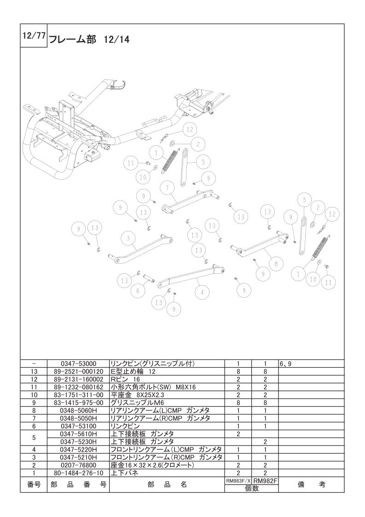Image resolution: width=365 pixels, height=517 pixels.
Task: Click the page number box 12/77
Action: click(34, 35)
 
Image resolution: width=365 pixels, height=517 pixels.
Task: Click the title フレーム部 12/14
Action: click(89, 40)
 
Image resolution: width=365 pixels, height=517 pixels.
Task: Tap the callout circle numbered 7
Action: click(168, 188)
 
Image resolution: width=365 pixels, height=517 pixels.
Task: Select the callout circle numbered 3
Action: click(128, 239)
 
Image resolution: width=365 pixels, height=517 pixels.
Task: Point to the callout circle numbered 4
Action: click(202, 292)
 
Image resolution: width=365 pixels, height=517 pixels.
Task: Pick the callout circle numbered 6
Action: click(138, 291)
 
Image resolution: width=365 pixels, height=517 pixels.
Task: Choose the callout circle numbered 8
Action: click(276, 264)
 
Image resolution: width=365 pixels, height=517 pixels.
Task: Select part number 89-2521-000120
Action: click(78, 371)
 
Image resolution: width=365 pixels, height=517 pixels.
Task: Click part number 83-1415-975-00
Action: click(78, 403)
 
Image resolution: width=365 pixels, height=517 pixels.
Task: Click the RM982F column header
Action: click(265, 481)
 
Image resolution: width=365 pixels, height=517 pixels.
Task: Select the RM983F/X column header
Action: click(238, 481)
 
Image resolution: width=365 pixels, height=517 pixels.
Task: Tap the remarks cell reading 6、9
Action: click(286, 364)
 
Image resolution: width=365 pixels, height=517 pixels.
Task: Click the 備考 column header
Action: click(311, 485)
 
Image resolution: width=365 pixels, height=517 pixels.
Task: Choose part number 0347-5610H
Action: click(78, 434)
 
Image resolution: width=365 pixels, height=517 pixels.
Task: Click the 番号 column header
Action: click(34, 485)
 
